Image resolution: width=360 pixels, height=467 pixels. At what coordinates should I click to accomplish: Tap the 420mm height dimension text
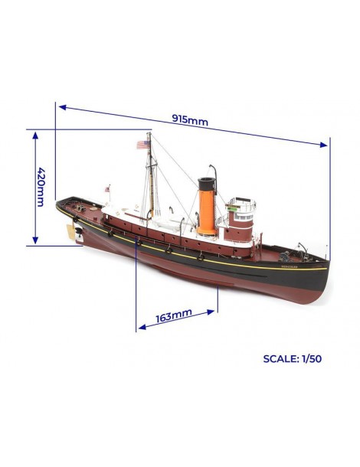click(41, 187)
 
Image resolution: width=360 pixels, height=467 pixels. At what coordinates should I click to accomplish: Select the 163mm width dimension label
click(174, 315)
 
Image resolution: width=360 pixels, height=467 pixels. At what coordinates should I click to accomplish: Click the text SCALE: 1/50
click(293, 358)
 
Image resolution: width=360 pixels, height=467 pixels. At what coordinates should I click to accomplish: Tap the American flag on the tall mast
click(143, 145)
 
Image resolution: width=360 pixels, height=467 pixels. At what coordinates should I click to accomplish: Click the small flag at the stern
click(107, 189)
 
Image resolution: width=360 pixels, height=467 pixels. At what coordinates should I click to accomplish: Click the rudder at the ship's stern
click(71, 231)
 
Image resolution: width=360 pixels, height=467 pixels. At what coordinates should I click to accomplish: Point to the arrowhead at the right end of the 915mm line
click(324, 145)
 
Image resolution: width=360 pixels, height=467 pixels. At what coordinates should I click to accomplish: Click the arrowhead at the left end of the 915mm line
click(63, 107)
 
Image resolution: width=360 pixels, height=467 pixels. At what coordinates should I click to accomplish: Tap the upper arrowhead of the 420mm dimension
click(35, 136)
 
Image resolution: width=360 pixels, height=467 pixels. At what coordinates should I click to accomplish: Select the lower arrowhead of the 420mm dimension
click(35, 240)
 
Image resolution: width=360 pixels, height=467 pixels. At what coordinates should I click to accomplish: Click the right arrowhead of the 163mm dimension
click(211, 312)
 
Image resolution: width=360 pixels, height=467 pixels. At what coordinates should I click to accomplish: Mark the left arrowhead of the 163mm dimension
click(142, 327)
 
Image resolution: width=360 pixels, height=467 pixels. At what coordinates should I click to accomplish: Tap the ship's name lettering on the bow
click(289, 266)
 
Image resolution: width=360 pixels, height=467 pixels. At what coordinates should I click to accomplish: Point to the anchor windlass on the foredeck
click(285, 256)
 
